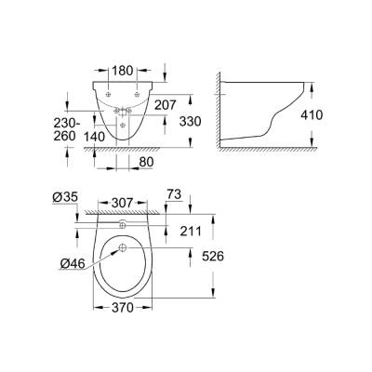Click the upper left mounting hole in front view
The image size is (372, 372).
click(109, 96)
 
